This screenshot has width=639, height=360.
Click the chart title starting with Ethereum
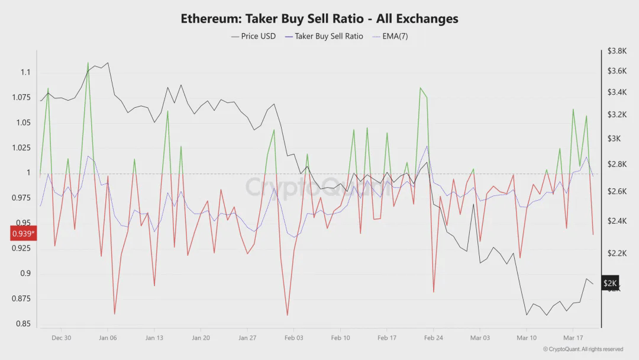tap(319, 18)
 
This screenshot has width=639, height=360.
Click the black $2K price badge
tap(611, 284)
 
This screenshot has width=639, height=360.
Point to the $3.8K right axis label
tap(617, 52)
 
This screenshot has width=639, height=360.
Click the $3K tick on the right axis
tap(614, 139)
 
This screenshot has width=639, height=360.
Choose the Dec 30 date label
tap(61, 338)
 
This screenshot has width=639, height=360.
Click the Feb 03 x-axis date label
tap(293, 338)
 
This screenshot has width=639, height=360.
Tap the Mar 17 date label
tap(573, 338)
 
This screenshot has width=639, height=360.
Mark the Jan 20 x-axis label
tap(201, 338)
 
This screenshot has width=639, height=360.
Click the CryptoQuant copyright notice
tap(583, 349)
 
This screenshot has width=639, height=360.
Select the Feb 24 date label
tap(433, 338)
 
